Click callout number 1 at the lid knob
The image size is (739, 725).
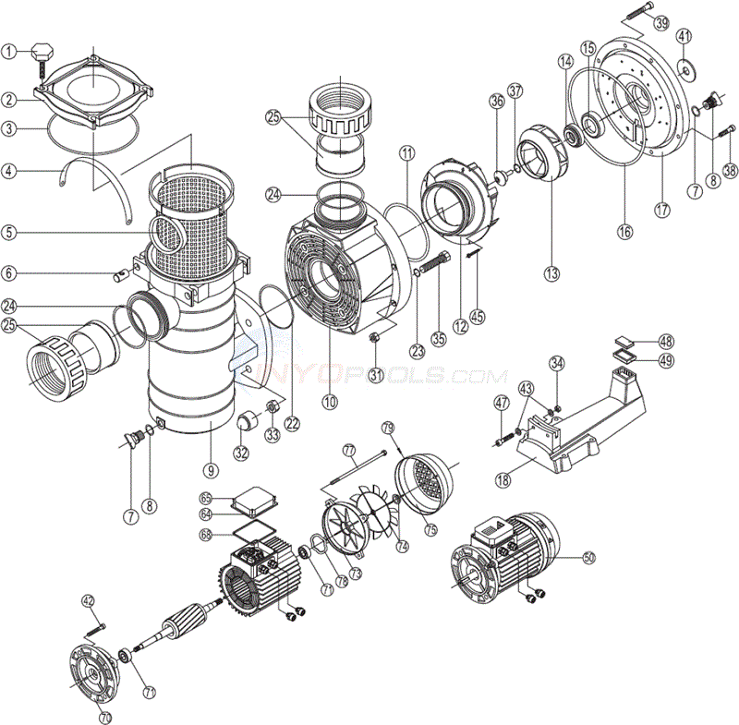[x=9, y=52]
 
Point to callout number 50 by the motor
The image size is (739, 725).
[x=588, y=558]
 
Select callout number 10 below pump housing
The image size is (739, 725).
[x=330, y=402]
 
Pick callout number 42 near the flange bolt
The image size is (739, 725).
[x=88, y=600]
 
